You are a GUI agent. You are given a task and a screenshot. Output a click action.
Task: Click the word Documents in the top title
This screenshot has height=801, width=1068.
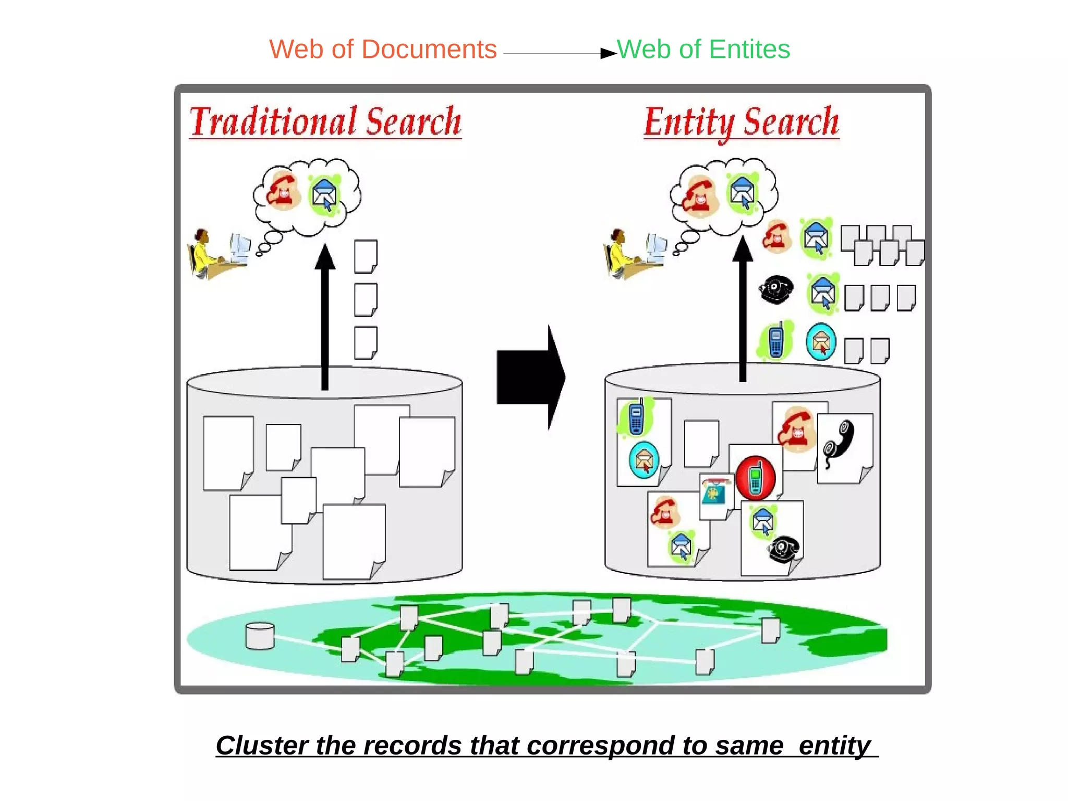coord(429,50)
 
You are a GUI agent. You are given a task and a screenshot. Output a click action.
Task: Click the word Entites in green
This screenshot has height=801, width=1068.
coord(749,50)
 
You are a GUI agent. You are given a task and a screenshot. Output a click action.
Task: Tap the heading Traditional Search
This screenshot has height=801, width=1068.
coord(325,122)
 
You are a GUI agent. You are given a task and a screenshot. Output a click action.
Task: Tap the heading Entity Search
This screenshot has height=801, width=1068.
coord(741,122)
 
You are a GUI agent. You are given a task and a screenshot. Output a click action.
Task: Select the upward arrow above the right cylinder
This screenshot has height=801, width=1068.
coord(743,308)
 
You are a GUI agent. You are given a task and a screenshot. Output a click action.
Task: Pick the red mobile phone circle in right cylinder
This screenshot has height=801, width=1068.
coord(756,478)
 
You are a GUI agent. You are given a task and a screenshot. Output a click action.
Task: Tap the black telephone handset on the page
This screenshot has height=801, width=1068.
coord(839,444)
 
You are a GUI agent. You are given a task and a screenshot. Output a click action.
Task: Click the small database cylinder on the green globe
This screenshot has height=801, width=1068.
coord(260,636)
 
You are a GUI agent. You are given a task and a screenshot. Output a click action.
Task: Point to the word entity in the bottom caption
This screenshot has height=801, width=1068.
coord(834,745)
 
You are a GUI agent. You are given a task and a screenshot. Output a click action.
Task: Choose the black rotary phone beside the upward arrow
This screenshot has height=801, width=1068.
coord(776,289)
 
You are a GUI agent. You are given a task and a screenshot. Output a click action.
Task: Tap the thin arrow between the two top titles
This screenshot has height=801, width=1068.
coord(558,53)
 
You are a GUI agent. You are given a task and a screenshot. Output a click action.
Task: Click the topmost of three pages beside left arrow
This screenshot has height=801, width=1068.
coord(366,256)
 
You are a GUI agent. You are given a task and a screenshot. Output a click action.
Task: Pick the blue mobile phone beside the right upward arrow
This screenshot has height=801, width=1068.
coord(775,341)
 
